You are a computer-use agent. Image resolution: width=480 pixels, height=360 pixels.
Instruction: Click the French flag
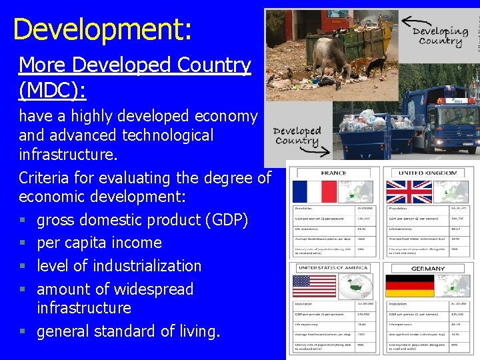coord(314,192)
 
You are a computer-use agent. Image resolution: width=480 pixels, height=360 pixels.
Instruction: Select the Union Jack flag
coord(409,192)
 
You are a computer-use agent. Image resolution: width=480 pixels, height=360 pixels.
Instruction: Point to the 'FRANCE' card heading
coord(333,173)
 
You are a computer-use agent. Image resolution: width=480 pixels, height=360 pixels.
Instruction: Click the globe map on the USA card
coord(357,287)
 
